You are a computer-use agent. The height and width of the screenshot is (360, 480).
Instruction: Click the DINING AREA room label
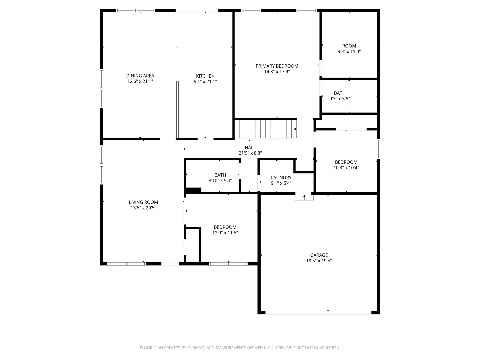(140, 76)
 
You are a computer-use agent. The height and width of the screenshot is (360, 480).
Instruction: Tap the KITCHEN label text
(205, 76)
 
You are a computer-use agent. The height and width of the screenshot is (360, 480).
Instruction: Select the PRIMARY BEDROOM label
(277, 66)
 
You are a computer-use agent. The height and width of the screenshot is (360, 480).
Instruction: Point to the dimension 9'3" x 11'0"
(349, 52)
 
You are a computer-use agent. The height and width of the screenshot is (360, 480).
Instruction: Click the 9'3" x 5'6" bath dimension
(339, 99)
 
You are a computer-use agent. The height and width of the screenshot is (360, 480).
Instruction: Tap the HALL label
(250, 147)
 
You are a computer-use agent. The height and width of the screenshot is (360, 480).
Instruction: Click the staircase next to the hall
(265, 129)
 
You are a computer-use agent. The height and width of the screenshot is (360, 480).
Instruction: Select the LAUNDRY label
(281, 178)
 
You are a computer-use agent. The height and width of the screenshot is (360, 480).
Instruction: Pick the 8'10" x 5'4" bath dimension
(220, 181)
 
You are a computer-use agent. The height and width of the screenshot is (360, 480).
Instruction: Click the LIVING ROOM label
(143, 202)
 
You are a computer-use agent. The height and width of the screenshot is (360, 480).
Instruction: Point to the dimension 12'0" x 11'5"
(225, 233)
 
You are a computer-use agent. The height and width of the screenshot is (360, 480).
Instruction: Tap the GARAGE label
(319, 255)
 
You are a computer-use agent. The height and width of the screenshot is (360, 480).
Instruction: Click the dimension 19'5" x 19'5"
(319, 261)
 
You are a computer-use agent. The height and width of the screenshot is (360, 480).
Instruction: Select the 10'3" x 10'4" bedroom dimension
(346, 168)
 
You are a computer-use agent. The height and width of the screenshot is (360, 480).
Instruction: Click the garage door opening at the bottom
(318, 313)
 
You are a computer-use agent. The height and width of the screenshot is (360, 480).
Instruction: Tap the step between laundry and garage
(304, 197)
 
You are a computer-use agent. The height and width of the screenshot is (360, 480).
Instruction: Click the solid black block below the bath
(193, 190)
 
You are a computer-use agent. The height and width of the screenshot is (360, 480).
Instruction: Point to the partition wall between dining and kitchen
(177, 109)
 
